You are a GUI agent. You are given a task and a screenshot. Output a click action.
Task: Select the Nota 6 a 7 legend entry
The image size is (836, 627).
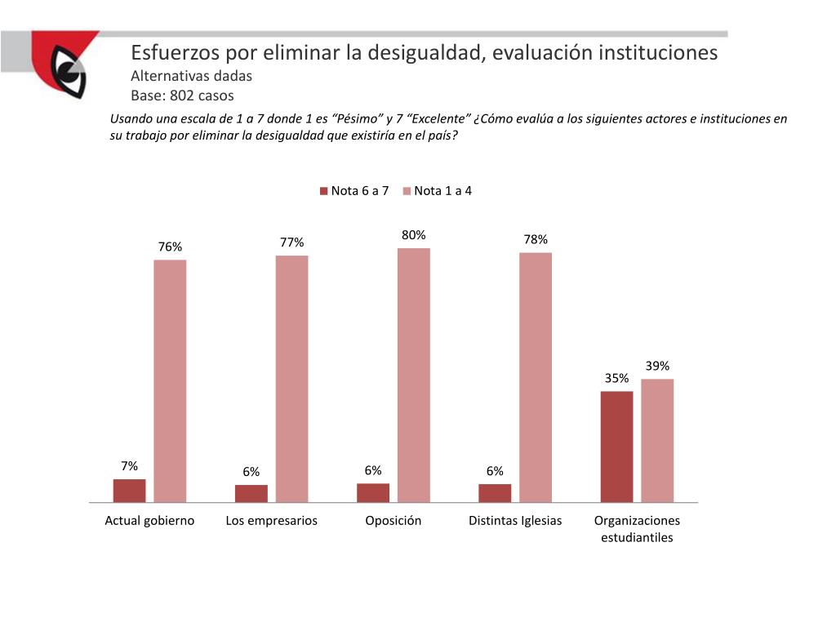coord(354,191)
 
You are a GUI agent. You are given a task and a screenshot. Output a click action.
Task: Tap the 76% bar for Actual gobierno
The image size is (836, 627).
coord(170,380)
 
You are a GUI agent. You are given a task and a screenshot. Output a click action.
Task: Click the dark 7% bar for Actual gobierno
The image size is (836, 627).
coord(129,490)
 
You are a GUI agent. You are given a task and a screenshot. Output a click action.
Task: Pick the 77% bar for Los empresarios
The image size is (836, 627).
coord(291,379)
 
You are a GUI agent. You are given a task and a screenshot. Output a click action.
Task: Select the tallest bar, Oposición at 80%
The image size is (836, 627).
coord(413,375)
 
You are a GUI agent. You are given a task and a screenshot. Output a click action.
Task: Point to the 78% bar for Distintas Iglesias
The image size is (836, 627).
coord(536,377)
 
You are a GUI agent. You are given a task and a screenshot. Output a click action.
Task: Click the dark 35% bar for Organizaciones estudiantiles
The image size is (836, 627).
coord(616,447)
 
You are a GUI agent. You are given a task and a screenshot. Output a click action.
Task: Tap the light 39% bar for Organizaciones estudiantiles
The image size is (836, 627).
coord(657,440)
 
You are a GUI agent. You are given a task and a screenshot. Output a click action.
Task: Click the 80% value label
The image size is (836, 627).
coord(413,235)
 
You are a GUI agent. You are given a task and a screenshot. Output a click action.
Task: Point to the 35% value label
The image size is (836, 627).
coord(616,378)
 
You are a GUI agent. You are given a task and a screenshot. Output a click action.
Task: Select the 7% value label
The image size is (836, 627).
coord(129,466)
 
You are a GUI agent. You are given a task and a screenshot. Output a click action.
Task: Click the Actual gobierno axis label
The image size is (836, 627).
coord(149,521)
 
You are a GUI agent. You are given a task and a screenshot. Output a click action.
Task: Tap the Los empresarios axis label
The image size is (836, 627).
coord(271,521)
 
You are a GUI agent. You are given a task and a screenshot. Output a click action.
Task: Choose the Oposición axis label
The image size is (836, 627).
coord(394,521)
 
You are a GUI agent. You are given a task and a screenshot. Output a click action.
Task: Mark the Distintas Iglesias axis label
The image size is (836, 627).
coord(515,521)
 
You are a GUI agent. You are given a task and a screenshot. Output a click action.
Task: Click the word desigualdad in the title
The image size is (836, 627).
coord(423,53)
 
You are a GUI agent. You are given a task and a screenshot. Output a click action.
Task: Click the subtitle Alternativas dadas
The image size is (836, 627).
coord(192,76)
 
